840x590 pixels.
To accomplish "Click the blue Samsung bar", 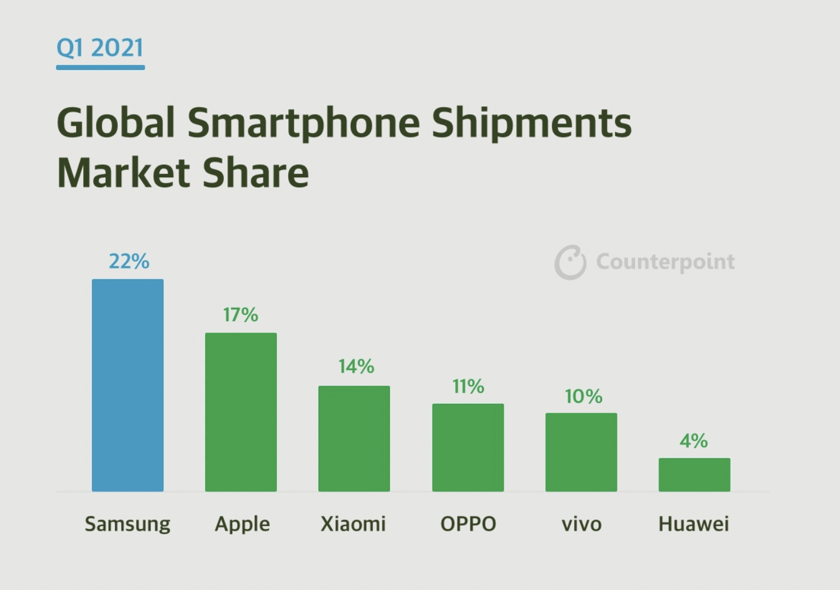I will click(128, 385).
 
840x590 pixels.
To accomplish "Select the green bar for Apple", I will click(241, 412).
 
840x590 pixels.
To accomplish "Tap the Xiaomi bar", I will click(354, 438).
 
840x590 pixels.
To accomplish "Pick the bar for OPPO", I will click(468, 447).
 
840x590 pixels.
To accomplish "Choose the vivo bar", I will click(581, 452).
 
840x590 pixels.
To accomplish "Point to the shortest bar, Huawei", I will click(694, 475).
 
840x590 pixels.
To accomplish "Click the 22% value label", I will click(129, 261).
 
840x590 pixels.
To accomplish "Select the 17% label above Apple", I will click(240, 315).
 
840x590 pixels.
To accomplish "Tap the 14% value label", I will click(356, 366).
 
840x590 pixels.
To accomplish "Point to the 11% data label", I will click(468, 386).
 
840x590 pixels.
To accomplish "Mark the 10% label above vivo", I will click(583, 396).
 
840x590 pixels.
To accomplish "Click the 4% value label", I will click(694, 440).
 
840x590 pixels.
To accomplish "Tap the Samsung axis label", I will click(128, 523).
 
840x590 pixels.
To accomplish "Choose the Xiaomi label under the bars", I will click(353, 523).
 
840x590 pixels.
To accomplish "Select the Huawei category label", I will click(694, 523).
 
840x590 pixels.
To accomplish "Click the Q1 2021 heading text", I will click(100, 47).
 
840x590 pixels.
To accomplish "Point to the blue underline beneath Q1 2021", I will click(100, 67).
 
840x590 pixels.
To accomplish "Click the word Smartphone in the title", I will click(304, 122).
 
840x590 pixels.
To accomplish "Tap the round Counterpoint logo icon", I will click(570, 262).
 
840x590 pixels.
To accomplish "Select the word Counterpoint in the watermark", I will click(665, 262).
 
